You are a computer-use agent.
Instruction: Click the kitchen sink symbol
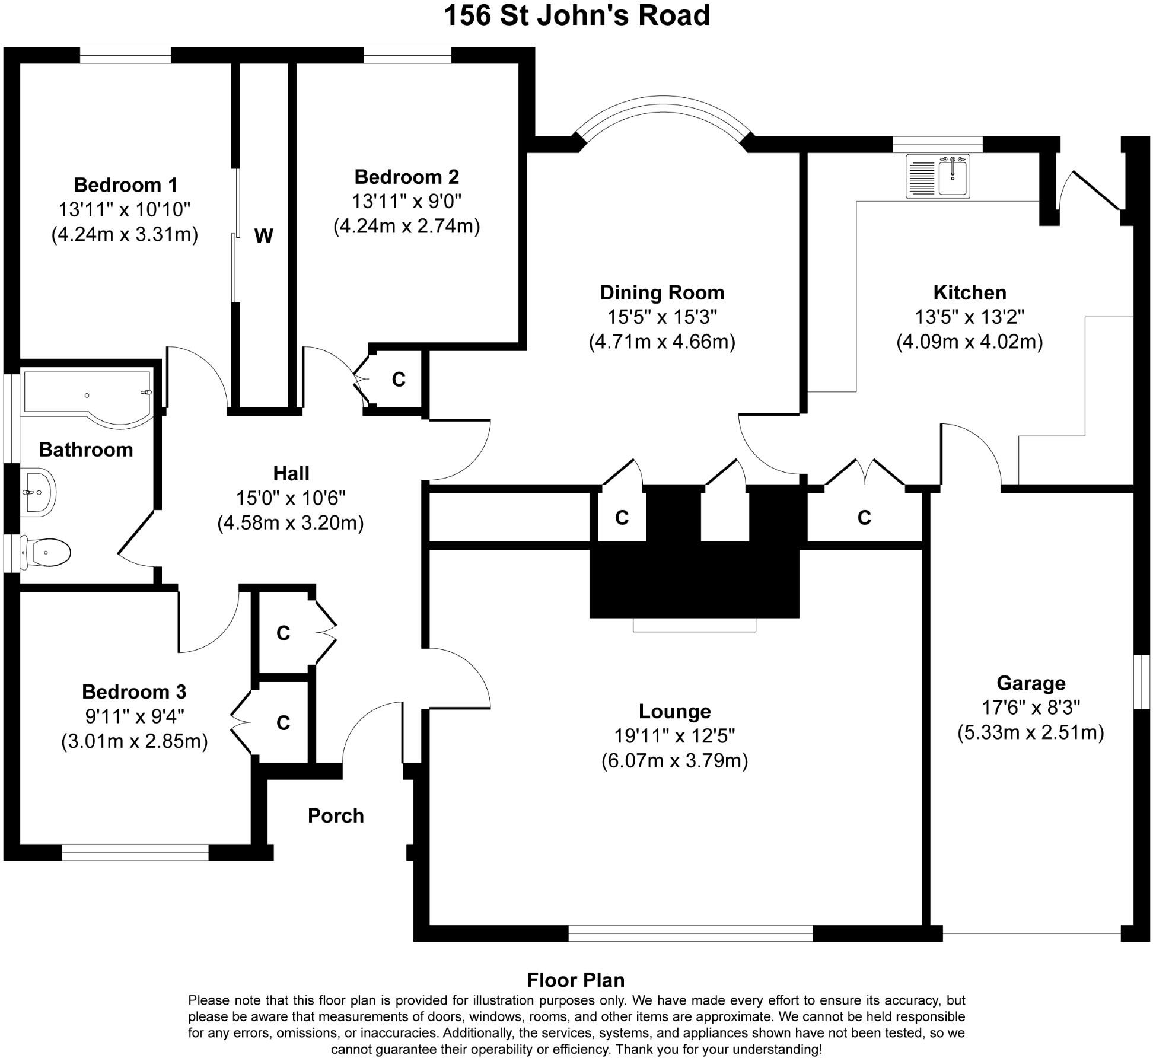point(938,176)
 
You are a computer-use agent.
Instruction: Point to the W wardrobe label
point(263,236)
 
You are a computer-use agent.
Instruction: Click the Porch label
point(336,816)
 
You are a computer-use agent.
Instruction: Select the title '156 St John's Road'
point(576,15)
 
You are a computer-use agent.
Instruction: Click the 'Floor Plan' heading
point(575,980)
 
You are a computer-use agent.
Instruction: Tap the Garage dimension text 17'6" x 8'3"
point(1031,708)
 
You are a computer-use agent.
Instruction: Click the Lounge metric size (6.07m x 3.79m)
point(674,761)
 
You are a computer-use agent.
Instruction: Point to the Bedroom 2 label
point(406,177)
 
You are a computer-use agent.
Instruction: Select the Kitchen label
point(969,292)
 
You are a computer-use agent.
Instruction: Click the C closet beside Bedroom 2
point(399,380)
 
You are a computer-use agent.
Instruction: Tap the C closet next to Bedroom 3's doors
point(283,722)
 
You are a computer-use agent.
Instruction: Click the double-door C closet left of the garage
point(864,518)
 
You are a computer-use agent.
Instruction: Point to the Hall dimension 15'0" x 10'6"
point(291,498)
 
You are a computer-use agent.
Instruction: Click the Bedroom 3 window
point(135,852)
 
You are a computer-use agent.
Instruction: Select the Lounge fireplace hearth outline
point(695,624)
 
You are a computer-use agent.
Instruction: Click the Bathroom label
point(86,450)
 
